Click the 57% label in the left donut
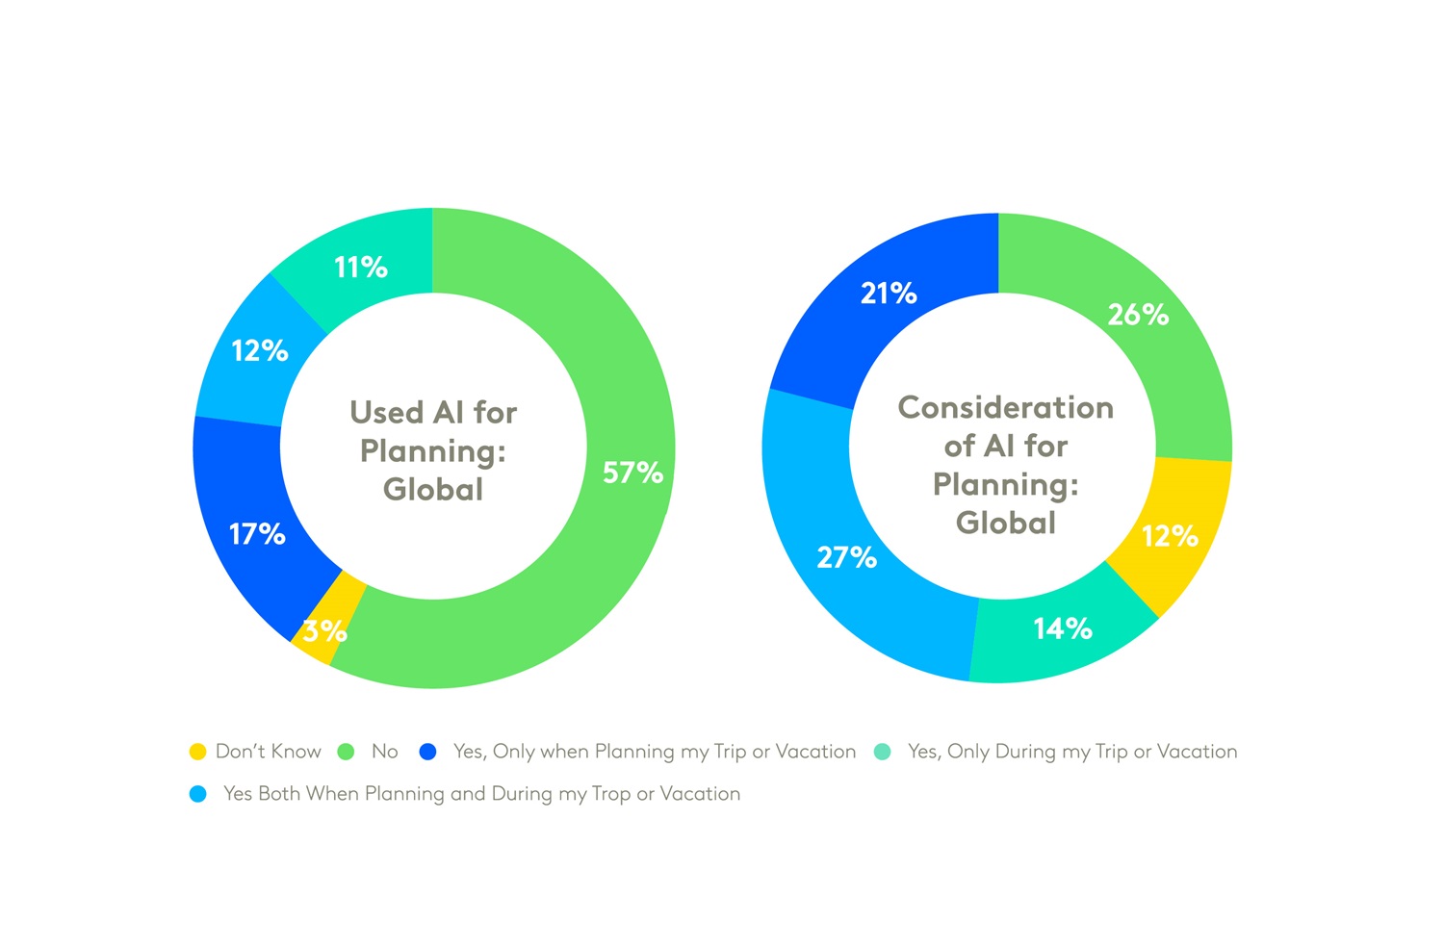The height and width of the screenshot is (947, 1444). point(632,473)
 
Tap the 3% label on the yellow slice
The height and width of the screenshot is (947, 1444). point(324,631)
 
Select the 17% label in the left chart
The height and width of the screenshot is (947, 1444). point(257,534)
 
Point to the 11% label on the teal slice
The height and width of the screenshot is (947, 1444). point(360,268)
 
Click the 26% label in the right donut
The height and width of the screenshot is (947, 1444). point(1137,315)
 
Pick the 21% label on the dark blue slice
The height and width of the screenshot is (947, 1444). point(888,294)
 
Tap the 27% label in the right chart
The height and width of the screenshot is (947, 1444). point(846,557)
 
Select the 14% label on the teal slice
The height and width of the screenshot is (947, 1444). point(1062,629)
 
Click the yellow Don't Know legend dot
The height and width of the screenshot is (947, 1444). point(197,752)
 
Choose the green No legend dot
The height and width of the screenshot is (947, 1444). point(346,752)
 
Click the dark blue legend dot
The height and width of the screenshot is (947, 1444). point(428,752)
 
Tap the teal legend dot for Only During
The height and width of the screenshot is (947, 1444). point(882,752)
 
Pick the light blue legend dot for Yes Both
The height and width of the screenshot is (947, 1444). point(197,794)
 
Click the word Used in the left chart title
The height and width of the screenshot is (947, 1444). point(386,413)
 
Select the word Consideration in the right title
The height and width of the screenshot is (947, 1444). point(1005,408)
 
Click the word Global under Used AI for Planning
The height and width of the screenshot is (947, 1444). point(433,490)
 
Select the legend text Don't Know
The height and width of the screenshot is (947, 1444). point(268,752)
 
